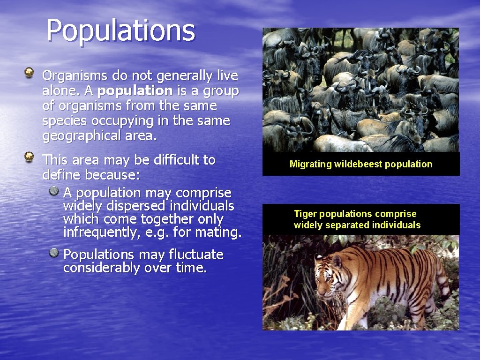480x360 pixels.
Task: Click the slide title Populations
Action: coord(120,30)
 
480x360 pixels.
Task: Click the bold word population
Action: coord(135,90)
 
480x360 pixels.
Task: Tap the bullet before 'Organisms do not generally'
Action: coord(29,72)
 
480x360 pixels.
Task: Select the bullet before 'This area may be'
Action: coord(29,156)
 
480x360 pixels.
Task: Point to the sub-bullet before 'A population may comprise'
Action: coord(55,190)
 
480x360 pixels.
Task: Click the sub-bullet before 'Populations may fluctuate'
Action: coord(55,253)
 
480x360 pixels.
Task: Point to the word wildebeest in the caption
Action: coord(356,164)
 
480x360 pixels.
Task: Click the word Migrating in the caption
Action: coord(310,164)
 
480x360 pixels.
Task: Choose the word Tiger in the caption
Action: coord(305,214)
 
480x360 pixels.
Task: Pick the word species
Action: coord(65,121)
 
